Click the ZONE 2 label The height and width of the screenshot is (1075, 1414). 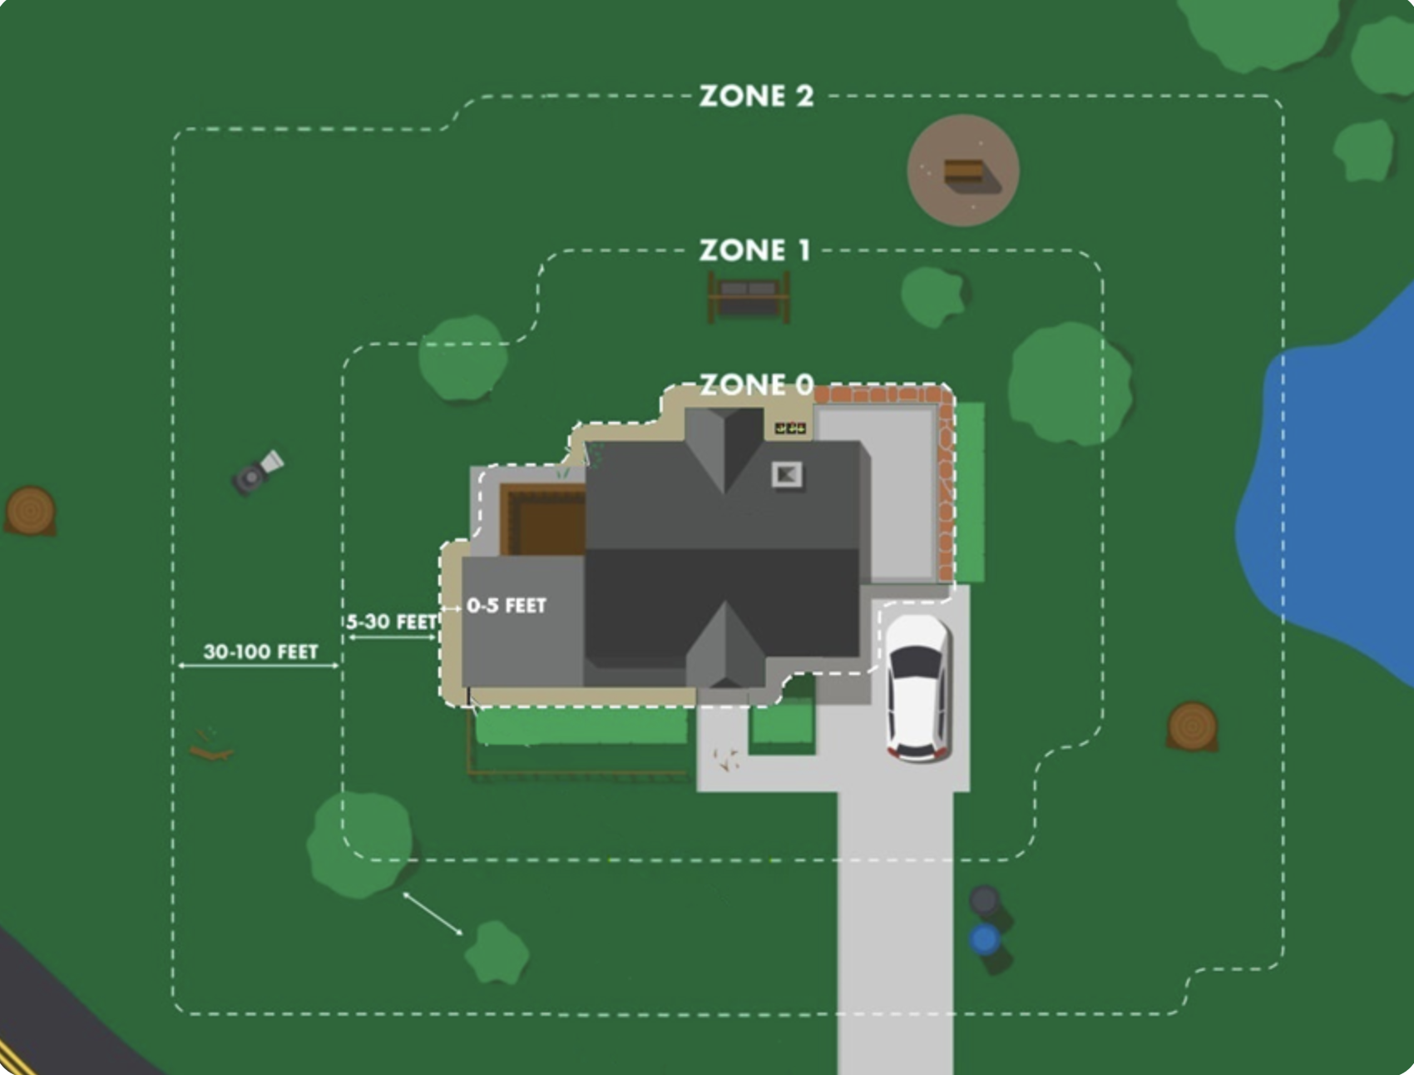coord(755,97)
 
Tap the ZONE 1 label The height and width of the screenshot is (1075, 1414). coord(754,250)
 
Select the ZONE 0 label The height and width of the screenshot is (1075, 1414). coord(755,384)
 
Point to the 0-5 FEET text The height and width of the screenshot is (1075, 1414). coord(506,606)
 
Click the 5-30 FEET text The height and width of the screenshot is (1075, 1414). coord(391,622)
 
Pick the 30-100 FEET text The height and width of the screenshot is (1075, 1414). coord(260,651)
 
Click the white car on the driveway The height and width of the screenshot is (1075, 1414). coord(917,687)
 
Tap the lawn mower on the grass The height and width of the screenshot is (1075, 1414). coord(257,473)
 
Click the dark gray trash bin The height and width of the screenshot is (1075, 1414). coord(985,900)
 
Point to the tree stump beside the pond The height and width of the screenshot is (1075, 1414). coord(1192,726)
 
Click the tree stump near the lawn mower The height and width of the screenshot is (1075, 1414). coord(31,510)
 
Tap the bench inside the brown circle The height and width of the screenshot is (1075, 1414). coord(963,172)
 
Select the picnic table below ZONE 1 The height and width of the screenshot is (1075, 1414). coord(749,296)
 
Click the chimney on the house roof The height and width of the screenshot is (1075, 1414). coord(787,474)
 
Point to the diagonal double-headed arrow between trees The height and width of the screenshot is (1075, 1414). coord(433,914)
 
